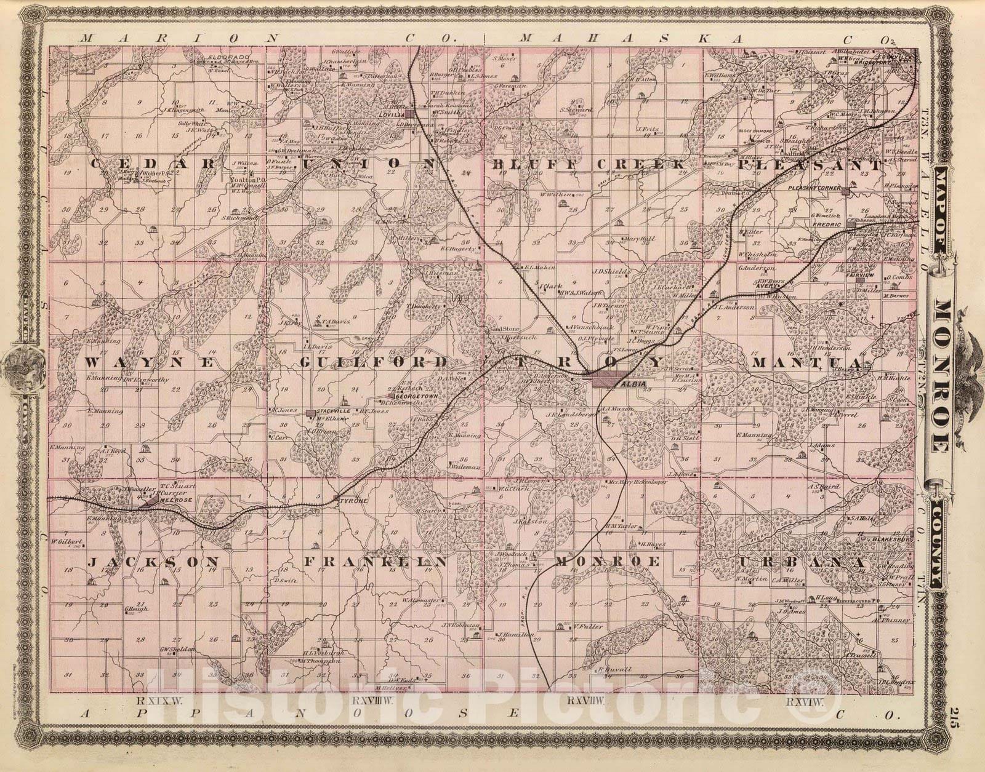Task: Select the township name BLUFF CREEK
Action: click(588, 165)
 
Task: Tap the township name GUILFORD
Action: click(372, 362)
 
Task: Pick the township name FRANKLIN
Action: click(374, 562)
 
